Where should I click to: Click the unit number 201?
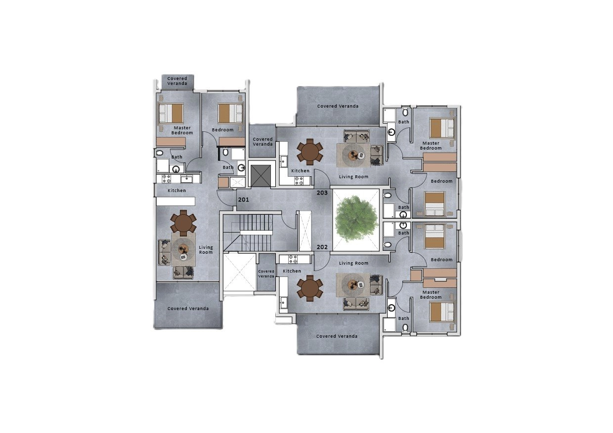pyautogui.click(x=243, y=200)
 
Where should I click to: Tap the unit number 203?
pyautogui.click(x=322, y=193)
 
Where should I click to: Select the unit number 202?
pyautogui.click(x=322, y=247)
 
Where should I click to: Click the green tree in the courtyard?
pyautogui.click(x=356, y=219)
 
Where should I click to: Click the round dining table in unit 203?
pyautogui.click(x=310, y=152)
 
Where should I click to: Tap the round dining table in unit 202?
pyautogui.click(x=310, y=288)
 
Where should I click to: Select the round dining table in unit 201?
pyautogui.click(x=183, y=223)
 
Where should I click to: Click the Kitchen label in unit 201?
pyautogui.click(x=177, y=191)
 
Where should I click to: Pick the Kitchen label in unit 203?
pyautogui.click(x=300, y=171)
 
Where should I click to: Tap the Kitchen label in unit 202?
pyautogui.click(x=292, y=271)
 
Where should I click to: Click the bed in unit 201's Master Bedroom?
pyautogui.click(x=171, y=113)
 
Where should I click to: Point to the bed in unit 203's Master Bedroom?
pyautogui.click(x=442, y=128)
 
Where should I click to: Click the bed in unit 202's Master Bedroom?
pyautogui.click(x=442, y=312)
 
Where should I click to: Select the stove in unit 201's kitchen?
pyautogui.click(x=167, y=179)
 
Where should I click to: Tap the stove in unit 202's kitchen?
pyautogui.click(x=293, y=259)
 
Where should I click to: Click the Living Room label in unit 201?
pyautogui.click(x=206, y=249)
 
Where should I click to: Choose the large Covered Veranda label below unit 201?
pyautogui.click(x=188, y=309)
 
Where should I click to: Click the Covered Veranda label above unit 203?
pyautogui.click(x=338, y=106)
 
